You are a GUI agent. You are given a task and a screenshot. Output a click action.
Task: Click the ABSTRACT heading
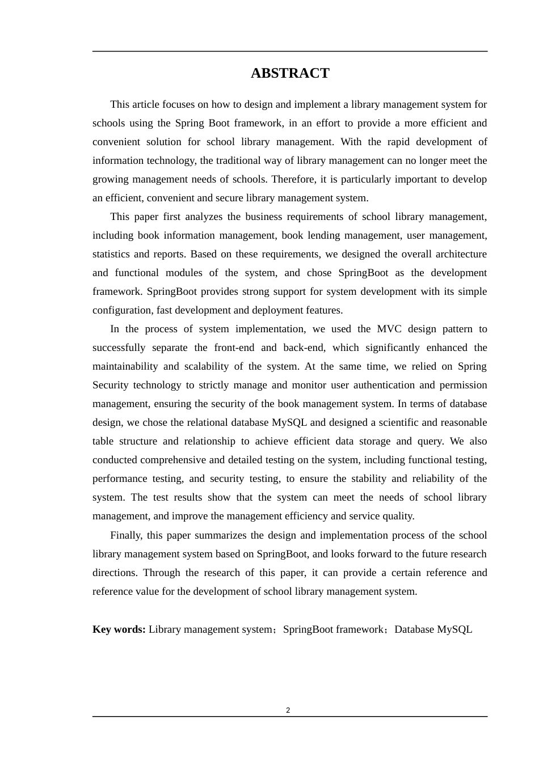pyautogui.click(x=290, y=74)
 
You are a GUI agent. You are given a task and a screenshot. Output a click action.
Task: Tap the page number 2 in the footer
pyautogui.click(x=288, y=710)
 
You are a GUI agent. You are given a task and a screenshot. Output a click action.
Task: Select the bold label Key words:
pyautogui.click(x=119, y=629)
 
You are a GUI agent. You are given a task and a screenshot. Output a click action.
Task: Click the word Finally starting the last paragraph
pyautogui.click(x=127, y=535)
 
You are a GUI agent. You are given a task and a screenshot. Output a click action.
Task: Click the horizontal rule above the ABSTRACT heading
pyautogui.click(x=290, y=52)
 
